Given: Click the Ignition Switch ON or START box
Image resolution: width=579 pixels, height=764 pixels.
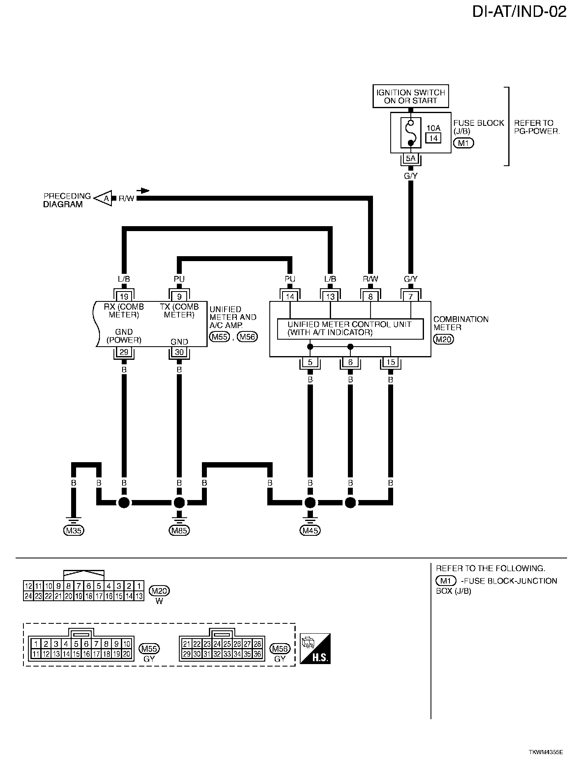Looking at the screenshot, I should (410, 97).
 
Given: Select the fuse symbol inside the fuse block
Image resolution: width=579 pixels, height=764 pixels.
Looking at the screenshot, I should (410, 132).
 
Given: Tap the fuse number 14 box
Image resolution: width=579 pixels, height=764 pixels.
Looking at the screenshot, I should (433, 138).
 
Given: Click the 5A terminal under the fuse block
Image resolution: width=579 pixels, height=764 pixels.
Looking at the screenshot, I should (410, 158).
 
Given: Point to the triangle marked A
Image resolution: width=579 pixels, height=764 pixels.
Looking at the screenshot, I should (105, 199).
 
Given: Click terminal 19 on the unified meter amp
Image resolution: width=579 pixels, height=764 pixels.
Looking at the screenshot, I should (124, 296).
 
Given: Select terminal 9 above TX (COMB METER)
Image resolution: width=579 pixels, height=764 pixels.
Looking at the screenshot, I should (179, 296).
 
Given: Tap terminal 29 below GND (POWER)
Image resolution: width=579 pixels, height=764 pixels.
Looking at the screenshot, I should (124, 352).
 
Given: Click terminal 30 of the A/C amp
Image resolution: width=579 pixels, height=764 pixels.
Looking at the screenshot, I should (179, 352).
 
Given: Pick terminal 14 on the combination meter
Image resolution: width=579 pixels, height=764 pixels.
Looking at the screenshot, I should (290, 296).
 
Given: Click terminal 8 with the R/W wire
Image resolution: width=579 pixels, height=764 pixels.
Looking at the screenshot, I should (371, 296).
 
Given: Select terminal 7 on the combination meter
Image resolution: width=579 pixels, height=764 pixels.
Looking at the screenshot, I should (410, 296).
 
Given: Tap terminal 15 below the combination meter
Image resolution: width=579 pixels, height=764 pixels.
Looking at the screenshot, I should (391, 362).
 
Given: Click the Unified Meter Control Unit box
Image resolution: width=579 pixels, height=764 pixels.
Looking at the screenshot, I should (350, 329).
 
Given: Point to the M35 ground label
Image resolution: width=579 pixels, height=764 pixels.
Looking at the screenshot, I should (74, 530).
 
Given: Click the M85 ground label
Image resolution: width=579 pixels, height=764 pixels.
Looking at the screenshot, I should (179, 530).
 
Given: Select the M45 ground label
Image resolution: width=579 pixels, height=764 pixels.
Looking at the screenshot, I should (310, 530).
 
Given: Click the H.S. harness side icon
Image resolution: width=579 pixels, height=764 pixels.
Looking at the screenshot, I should (315, 648).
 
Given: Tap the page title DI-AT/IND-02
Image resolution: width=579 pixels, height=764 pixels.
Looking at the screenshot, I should (519, 12).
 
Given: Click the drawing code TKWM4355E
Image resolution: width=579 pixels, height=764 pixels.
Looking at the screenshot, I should (546, 752).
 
